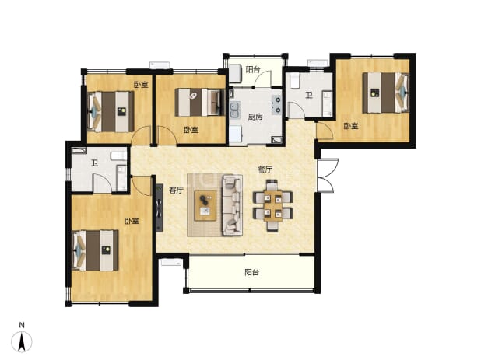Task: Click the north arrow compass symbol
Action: tap(22, 341)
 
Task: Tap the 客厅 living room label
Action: tap(176, 190)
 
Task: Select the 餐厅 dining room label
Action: tap(265, 170)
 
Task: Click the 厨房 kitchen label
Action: tap(255, 117)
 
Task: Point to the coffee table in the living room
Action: tap(205, 205)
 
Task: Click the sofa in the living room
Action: tap(232, 205)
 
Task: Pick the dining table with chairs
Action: tap(272, 205)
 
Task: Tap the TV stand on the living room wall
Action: tap(160, 208)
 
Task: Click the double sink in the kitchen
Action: tap(235, 110)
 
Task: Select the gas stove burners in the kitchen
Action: tap(277, 104)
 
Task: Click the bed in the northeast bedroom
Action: tap(386, 93)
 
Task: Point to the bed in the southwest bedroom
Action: tap(95, 250)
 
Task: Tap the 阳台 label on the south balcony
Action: tap(252, 272)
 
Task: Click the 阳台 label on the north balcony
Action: tap(253, 69)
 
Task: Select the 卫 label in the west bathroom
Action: tap(94, 163)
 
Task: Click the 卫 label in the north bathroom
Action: tap(308, 96)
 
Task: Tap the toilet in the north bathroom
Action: tap(294, 81)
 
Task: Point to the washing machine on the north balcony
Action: tap(236, 73)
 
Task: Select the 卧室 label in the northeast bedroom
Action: tap(350, 126)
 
